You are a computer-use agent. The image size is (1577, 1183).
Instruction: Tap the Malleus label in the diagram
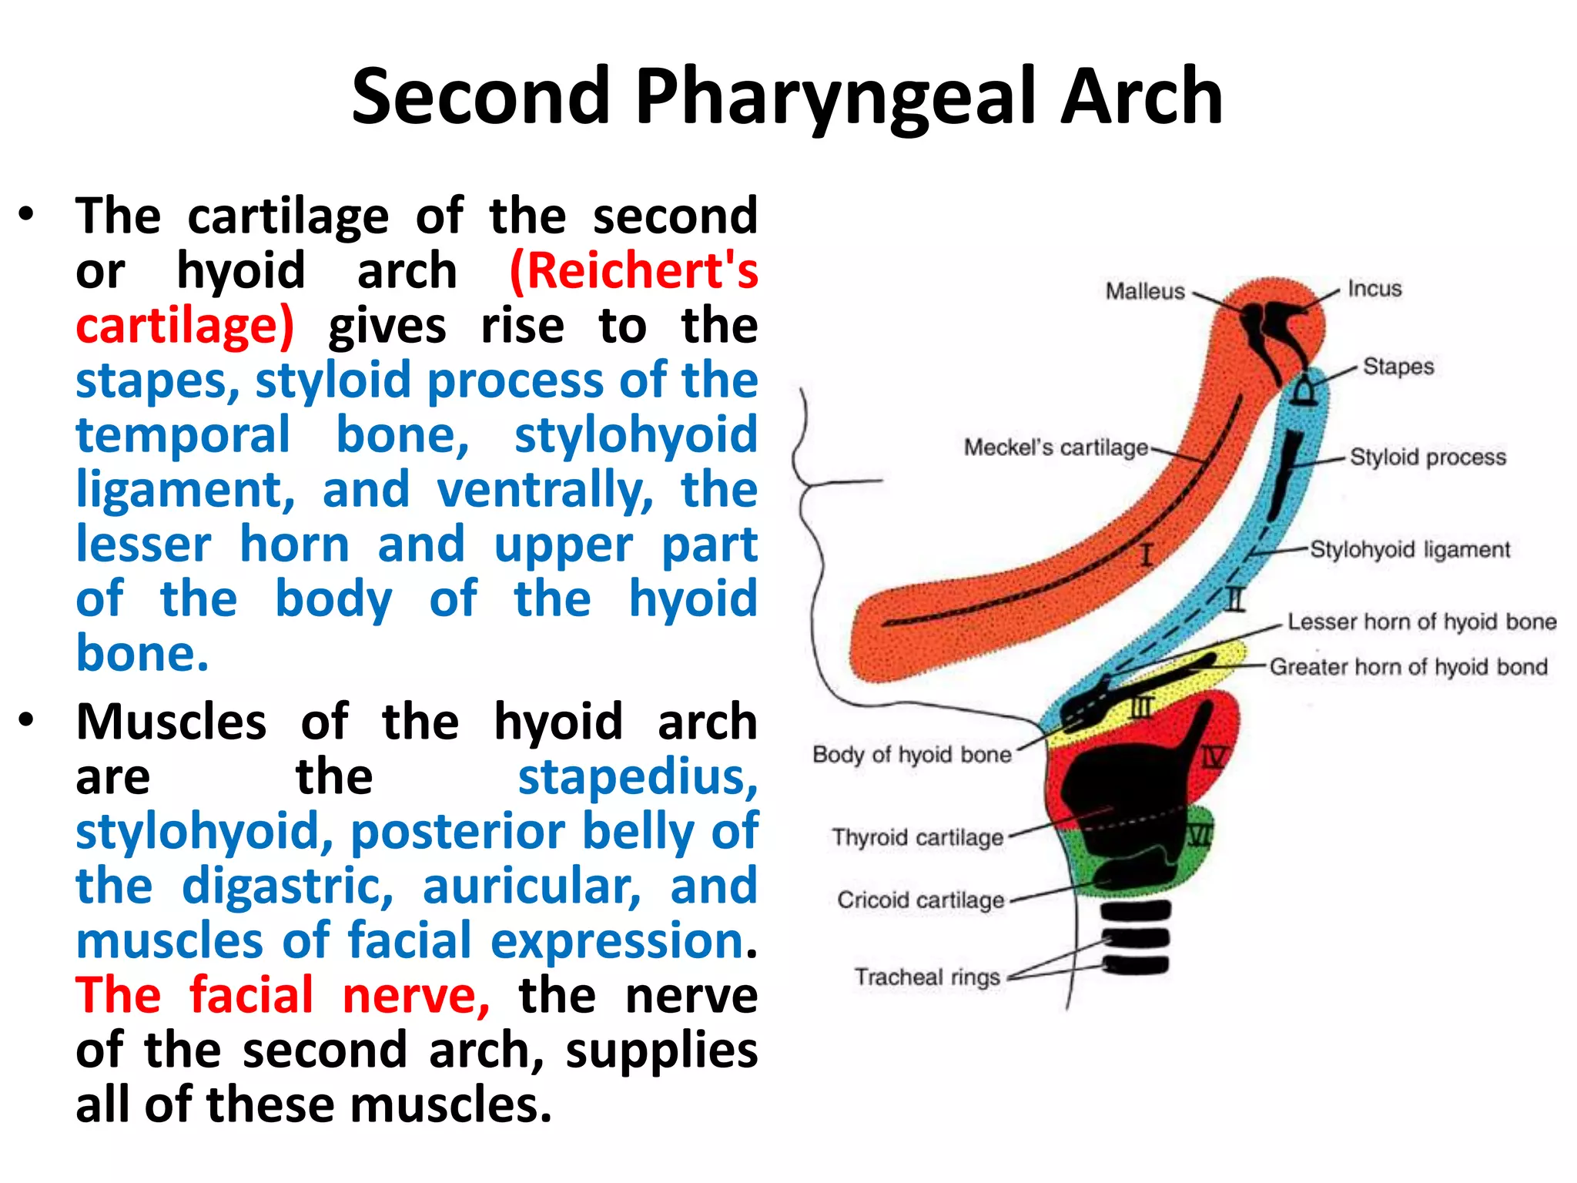[1144, 291]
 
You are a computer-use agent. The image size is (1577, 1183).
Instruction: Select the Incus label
[1374, 289]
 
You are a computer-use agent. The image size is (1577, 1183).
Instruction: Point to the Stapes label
[1398, 366]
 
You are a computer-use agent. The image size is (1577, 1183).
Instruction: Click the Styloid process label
[1428, 457]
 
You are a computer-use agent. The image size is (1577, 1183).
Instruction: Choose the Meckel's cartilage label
[1056, 447]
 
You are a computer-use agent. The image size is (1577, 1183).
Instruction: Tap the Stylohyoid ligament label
[1410, 549]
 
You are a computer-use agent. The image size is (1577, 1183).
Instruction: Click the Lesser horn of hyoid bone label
[1421, 622]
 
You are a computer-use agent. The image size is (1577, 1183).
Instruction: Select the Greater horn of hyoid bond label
[1408, 666]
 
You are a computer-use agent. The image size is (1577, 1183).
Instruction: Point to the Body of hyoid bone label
[912, 754]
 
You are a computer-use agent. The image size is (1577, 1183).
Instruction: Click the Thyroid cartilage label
[917, 837]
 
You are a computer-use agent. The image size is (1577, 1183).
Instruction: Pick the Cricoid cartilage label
[920, 900]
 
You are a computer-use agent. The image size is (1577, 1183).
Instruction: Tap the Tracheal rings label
[927, 977]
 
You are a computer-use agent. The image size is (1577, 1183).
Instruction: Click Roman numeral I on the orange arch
[1147, 555]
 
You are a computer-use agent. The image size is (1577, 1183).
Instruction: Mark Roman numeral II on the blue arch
[1235, 598]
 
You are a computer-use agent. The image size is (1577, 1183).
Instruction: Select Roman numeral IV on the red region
[1214, 758]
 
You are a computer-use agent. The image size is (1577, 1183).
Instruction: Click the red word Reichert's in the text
[634, 271]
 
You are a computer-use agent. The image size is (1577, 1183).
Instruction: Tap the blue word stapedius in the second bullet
[638, 777]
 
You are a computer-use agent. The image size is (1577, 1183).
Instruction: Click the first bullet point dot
[27, 215]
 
